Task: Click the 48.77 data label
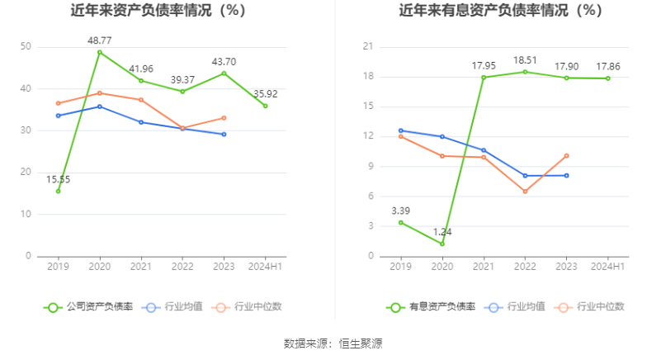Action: (100, 40)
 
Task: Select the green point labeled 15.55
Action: (58, 191)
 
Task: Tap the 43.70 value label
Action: (224, 61)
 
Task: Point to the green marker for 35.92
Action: (266, 106)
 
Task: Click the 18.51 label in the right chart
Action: (525, 60)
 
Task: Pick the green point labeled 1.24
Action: (442, 244)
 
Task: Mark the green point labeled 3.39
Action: (401, 222)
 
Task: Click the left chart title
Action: (158, 12)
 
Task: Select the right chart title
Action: (501, 12)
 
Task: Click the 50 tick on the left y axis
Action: (26, 47)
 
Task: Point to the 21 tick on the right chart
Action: (369, 47)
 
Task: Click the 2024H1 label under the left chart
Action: (266, 267)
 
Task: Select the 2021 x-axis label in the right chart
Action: (484, 267)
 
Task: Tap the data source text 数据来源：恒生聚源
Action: (333, 343)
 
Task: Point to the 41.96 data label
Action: (141, 69)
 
